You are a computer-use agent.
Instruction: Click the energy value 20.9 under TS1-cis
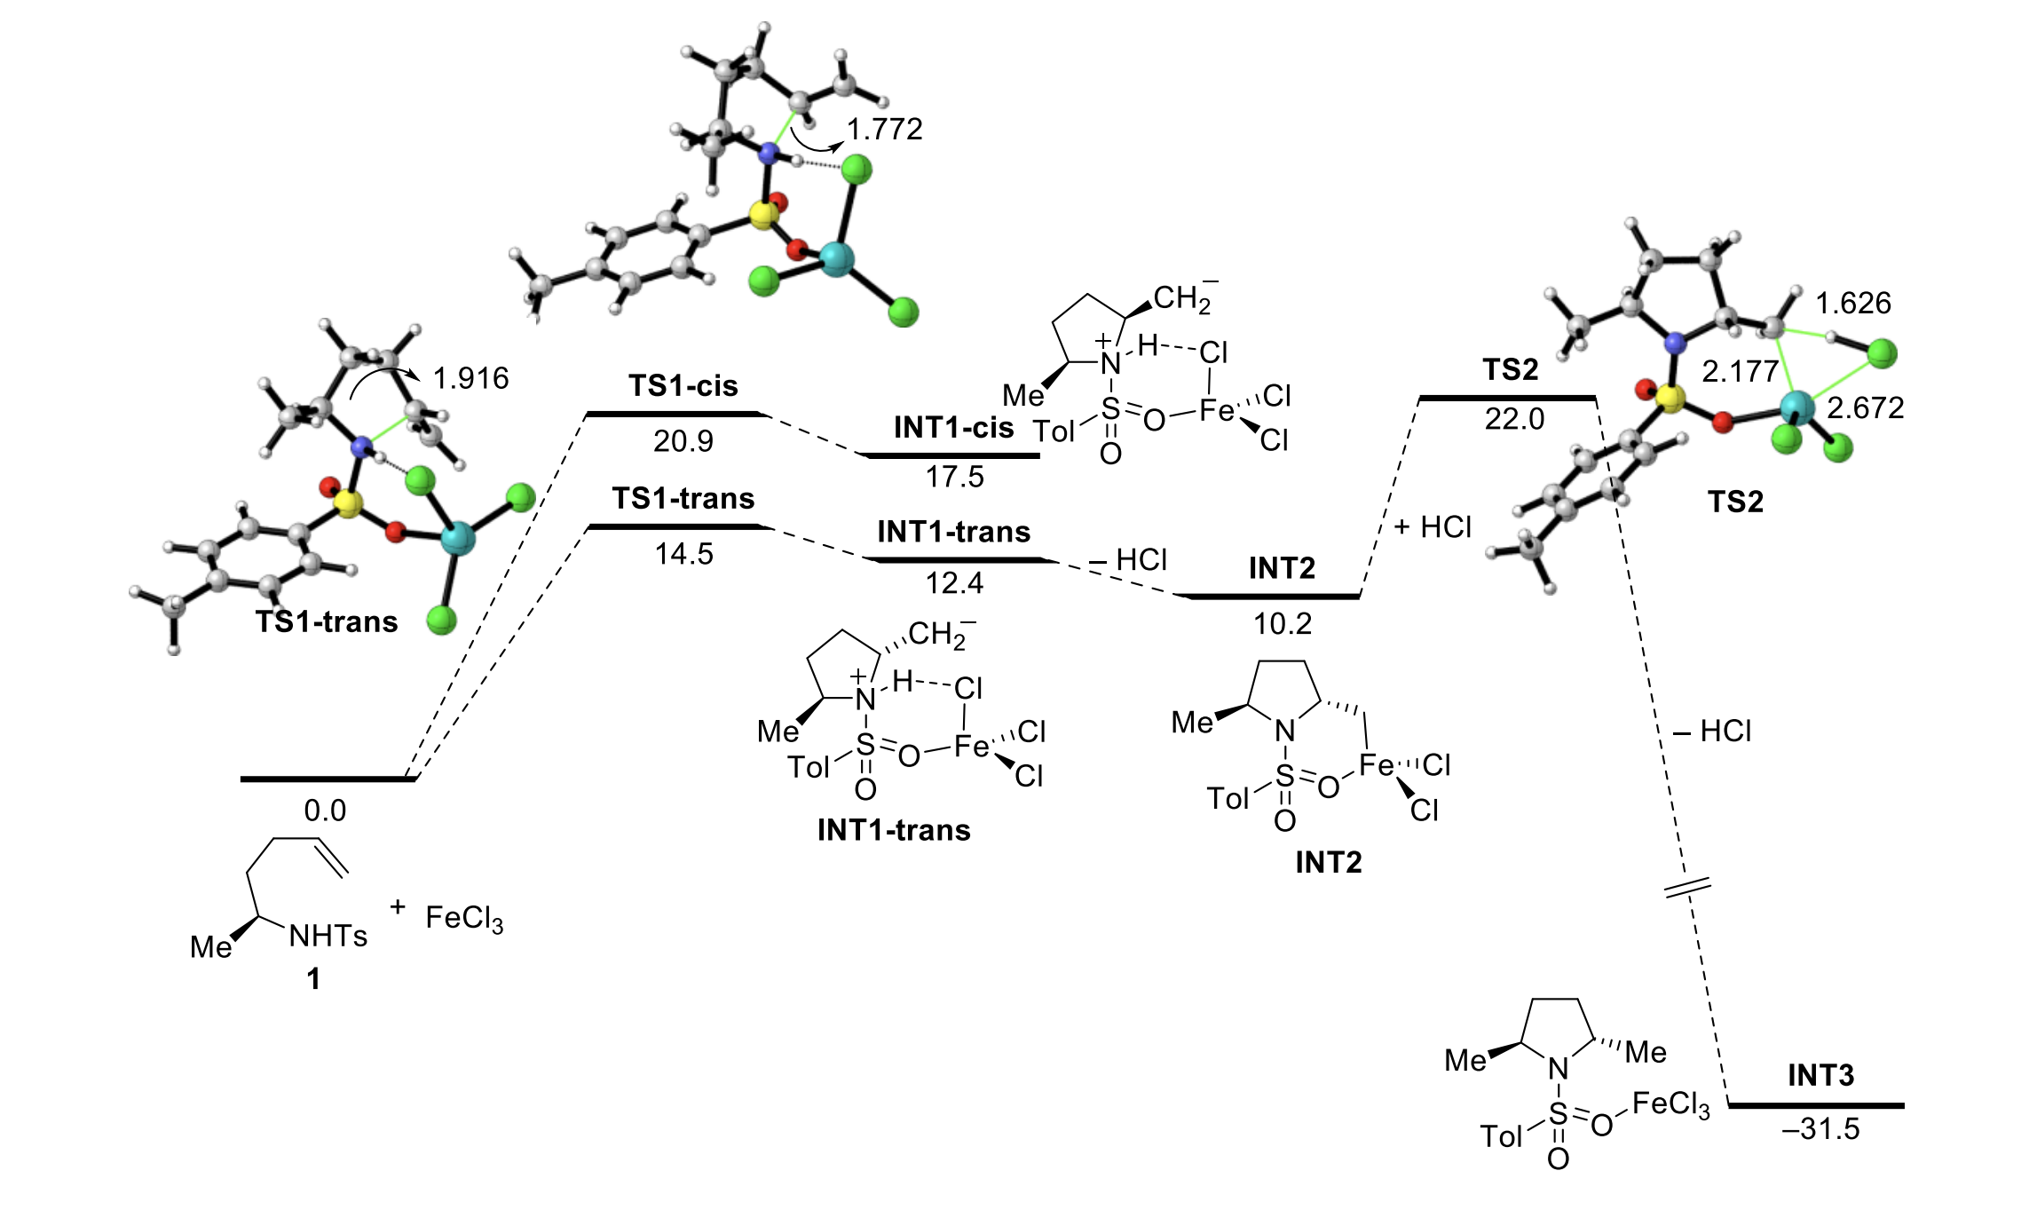(x=683, y=441)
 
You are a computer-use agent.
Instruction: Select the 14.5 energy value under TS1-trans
(x=683, y=554)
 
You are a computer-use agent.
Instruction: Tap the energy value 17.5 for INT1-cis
(x=955, y=478)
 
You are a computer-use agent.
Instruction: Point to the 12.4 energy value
(x=955, y=583)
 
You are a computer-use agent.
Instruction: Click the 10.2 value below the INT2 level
(x=1283, y=624)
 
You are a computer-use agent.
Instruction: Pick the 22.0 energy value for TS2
(x=1514, y=419)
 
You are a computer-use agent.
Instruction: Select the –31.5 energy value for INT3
(x=1820, y=1129)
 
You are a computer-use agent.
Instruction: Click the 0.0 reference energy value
(x=325, y=811)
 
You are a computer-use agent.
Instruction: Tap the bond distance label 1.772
(x=884, y=130)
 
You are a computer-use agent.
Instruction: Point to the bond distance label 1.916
(x=470, y=379)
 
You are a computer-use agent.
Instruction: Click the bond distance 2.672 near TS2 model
(x=1866, y=408)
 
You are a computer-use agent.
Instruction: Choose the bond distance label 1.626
(x=1853, y=304)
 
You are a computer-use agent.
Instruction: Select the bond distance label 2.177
(x=1740, y=371)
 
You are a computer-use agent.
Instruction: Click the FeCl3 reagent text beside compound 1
(x=464, y=918)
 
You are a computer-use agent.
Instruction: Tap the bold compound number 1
(x=313, y=979)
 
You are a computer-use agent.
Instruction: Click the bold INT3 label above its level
(x=1820, y=1076)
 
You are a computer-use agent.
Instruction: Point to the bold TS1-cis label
(x=683, y=386)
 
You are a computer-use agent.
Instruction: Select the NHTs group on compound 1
(x=328, y=937)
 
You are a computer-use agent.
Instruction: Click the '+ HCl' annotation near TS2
(x=1433, y=527)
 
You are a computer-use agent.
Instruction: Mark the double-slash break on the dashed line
(x=1686, y=887)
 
